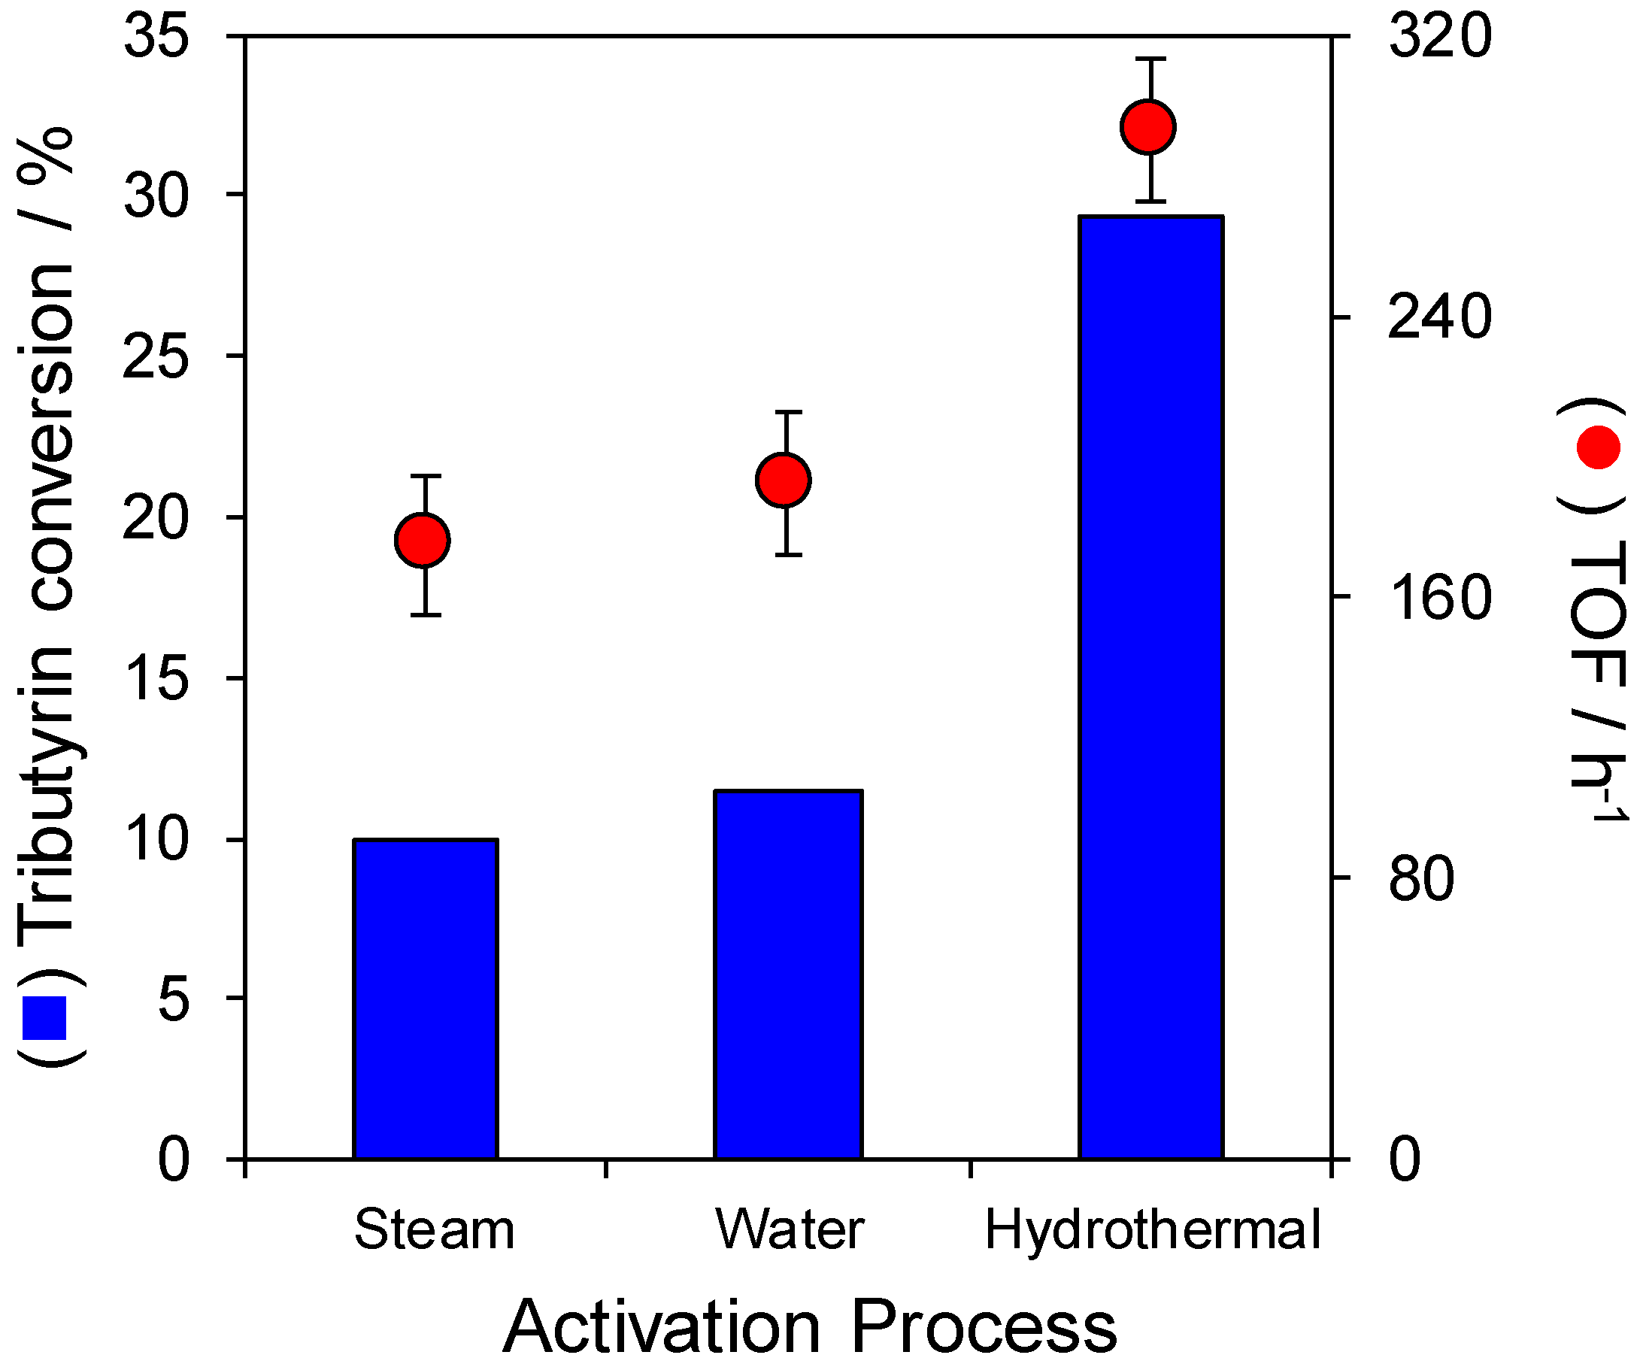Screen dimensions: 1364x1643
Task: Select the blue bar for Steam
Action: [x=426, y=999]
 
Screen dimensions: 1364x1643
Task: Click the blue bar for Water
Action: [x=788, y=975]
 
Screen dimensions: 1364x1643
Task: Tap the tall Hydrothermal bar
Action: [x=1150, y=687]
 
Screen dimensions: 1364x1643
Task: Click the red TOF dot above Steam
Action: [x=423, y=540]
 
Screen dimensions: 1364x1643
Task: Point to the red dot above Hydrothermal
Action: [x=1147, y=126]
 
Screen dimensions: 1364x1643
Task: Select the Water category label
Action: [x=790, y=1229]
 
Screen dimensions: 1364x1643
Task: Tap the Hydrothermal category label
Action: [x=1152, y=1229]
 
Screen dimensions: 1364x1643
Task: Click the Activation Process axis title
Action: [x=810, y=1326]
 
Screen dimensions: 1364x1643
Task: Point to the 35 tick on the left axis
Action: [x=156, y=37]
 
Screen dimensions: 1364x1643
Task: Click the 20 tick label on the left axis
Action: [x=156, y=518]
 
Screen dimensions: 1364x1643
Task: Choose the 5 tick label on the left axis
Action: [x=174, y=999]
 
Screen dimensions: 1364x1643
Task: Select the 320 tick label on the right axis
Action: [x=1439, y=37]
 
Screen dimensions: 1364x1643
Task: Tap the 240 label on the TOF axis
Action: [x=1439, y=317]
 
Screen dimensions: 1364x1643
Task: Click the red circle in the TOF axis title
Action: [x=1599, y=447]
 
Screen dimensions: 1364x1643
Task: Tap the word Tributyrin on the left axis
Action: [x=47, y=790]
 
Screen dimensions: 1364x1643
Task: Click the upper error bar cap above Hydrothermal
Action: [x=1150, y=59]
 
